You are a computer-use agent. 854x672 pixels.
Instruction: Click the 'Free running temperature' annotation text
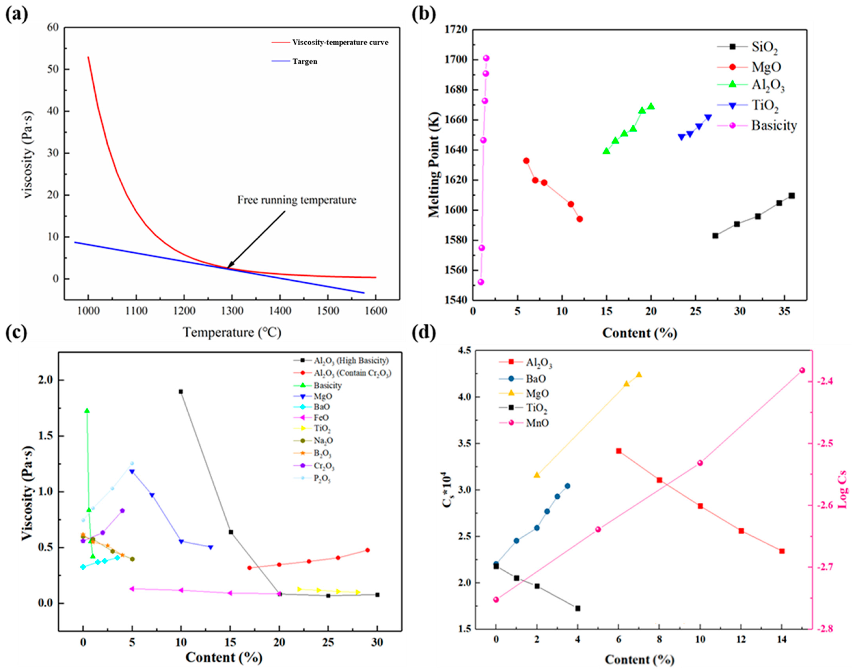tap(297, 200)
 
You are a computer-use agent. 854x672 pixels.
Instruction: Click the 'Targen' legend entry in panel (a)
tap(305, 61)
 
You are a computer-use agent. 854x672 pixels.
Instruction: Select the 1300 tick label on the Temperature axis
tap(232, 311)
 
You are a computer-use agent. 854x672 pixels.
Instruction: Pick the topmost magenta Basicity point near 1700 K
tap(486, 58)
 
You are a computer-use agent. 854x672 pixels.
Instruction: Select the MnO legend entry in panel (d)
tap(537, 423)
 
